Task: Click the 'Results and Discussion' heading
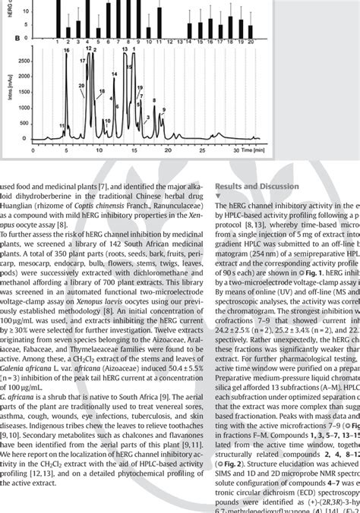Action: click(257, 187)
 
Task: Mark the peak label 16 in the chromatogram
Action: click(66, 49)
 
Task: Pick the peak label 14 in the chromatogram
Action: click(113, 74)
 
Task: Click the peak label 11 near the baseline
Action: click(62, 125)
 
